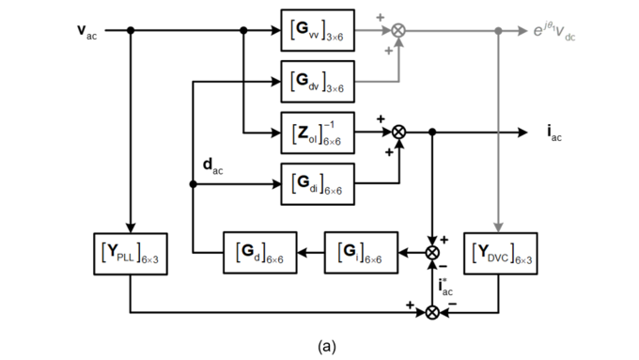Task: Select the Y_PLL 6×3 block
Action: [130, 252]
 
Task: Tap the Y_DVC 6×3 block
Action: [497, 252]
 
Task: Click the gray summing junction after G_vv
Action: [398, 31]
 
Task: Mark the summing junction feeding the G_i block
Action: [432, 253]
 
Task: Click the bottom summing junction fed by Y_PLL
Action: [432, 311]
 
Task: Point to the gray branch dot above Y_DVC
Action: [497, 31]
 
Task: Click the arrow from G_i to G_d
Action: [310, 252]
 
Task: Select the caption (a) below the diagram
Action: [327, 347]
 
